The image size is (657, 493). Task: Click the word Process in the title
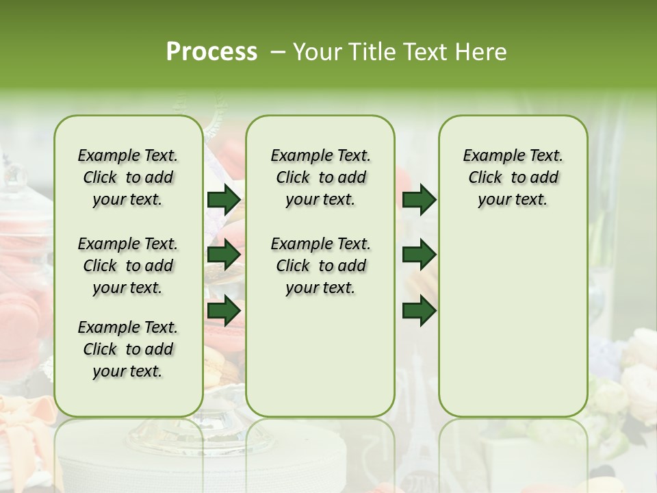(211, 52)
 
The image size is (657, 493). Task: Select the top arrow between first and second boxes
(224, 200)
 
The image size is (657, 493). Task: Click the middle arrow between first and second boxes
(224, 255)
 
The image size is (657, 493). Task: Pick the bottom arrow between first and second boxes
(224, 310)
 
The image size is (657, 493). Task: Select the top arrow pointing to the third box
(419, 200)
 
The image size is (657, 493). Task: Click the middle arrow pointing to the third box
(419, 255)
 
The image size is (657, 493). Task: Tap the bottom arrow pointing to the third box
(419, 310)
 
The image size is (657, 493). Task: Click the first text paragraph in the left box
(128, 177)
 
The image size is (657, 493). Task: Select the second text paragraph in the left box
(128, 266)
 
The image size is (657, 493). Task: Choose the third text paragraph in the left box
(128, 349)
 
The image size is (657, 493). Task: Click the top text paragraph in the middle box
(320, 177)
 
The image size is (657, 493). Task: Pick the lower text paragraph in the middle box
(320, 266)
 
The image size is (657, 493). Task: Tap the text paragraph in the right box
(513, 177)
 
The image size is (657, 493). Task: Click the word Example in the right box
(489, 156)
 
